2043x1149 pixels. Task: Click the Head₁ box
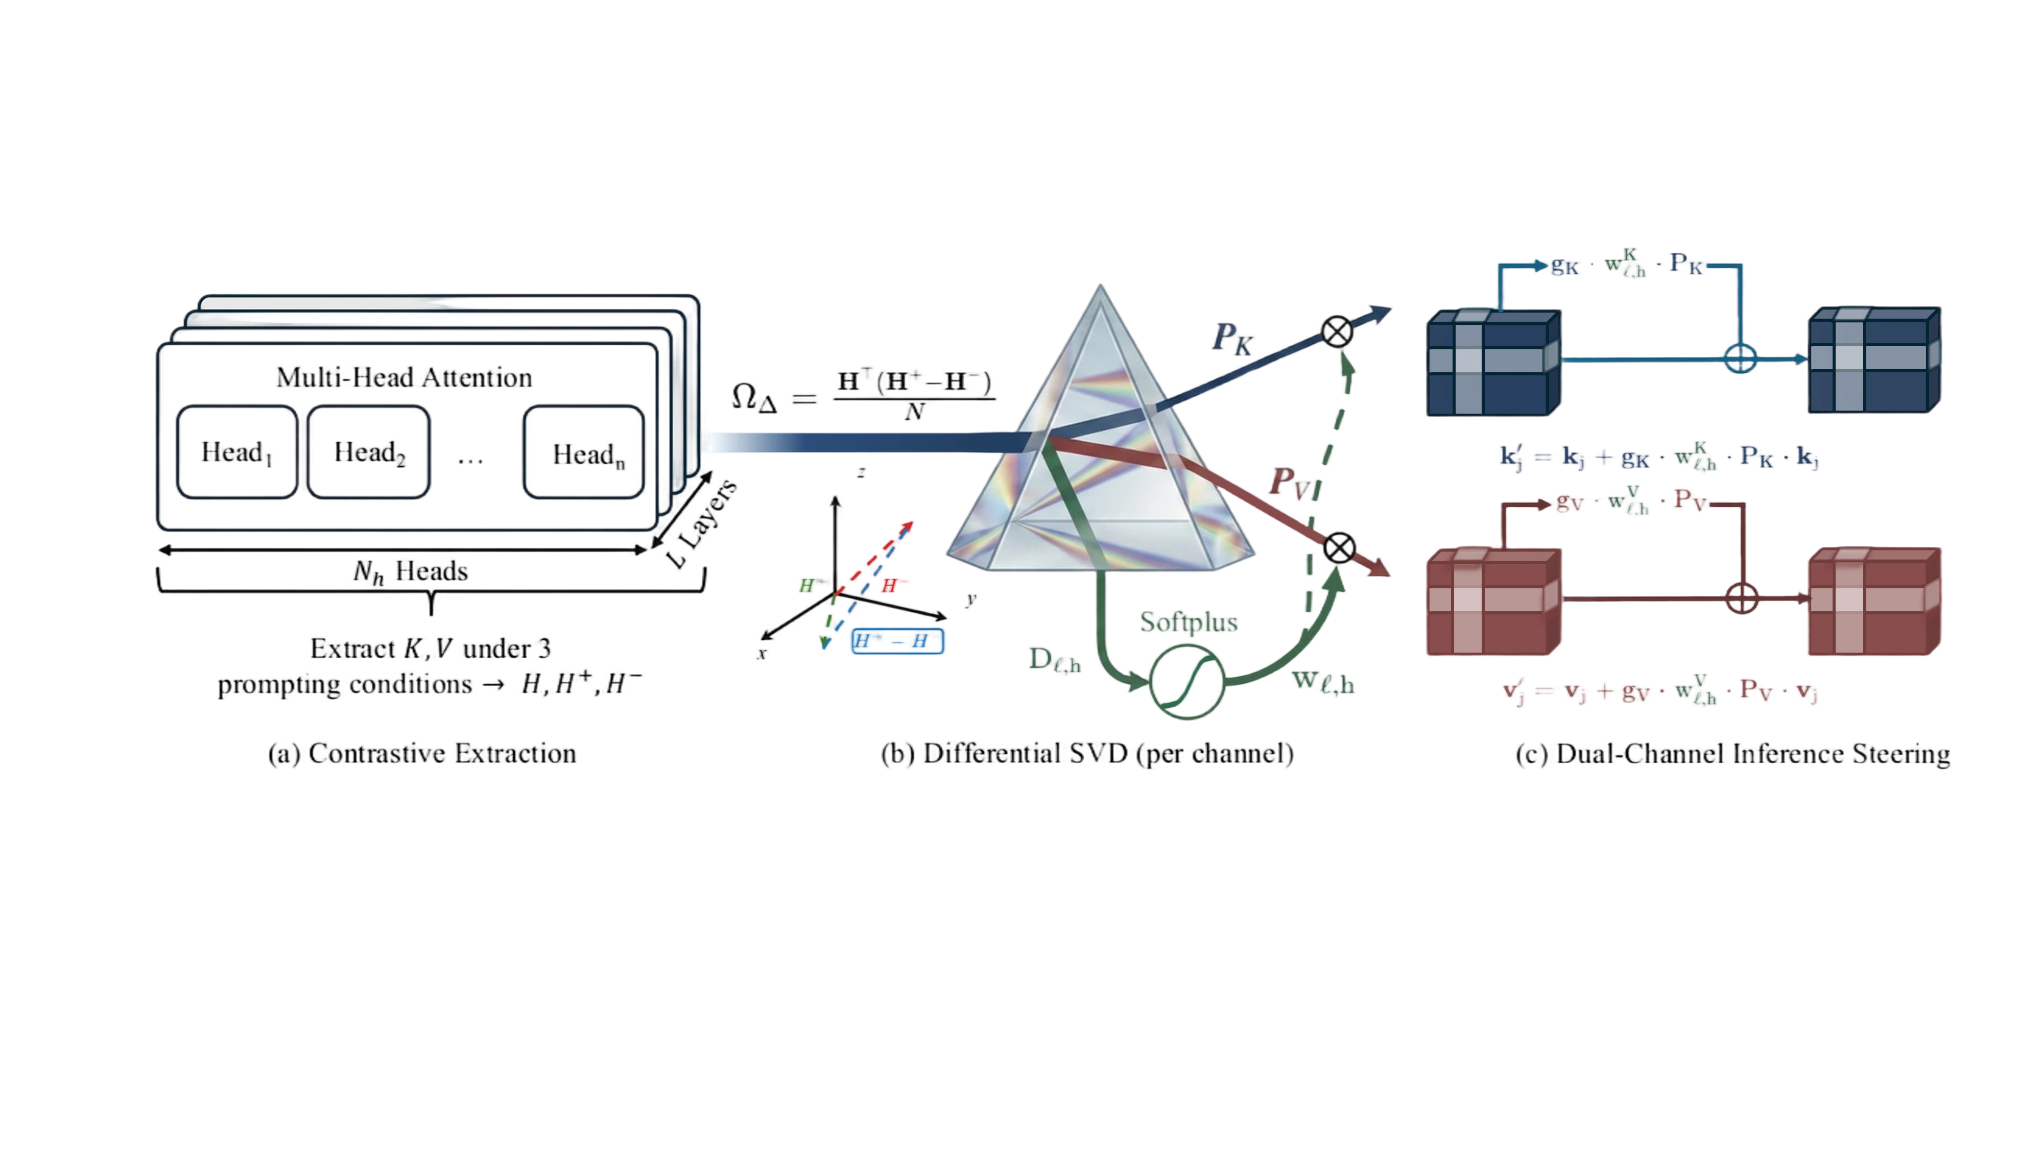(x=236, y=452)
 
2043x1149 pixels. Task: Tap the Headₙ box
(x=584, y=453)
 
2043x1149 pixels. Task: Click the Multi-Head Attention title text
(x=403, y=377)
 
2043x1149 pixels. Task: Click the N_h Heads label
(x=410, y=571)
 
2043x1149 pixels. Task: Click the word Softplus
(x=1188, y=621)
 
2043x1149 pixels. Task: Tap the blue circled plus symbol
(x=1740, y=359)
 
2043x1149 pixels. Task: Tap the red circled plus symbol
(x=1742, y=598)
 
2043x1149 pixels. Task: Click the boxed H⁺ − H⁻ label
(x=897, y=641)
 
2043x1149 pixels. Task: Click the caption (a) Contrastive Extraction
(x=422, y=753)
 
